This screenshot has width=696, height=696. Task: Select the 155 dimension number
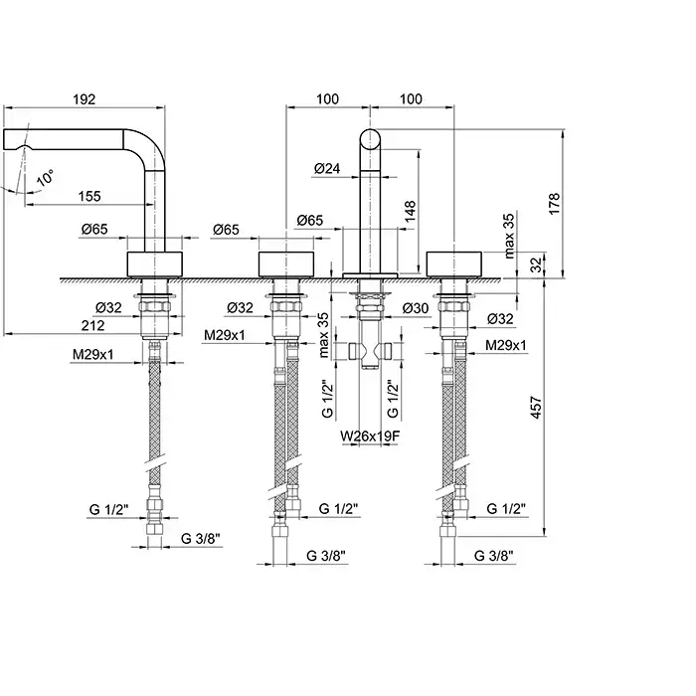click(88, 197)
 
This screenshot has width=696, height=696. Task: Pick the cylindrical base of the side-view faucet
click(157, 264)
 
